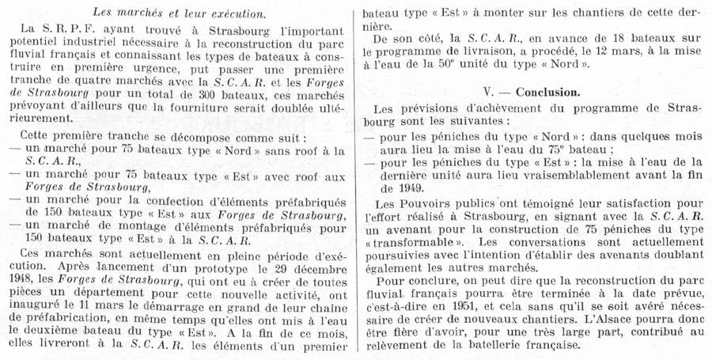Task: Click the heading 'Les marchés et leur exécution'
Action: (179, 12)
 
